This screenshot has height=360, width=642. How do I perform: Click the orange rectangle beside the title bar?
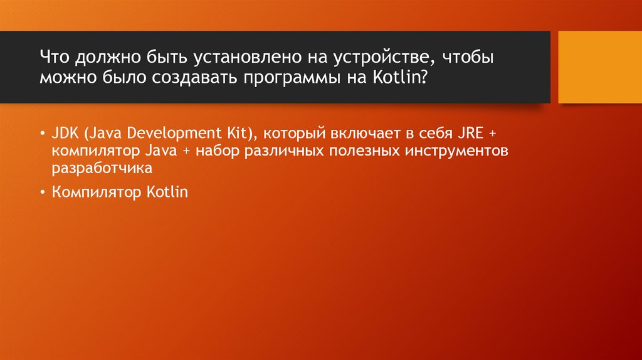pyautogui.click(x=600, y=66)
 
